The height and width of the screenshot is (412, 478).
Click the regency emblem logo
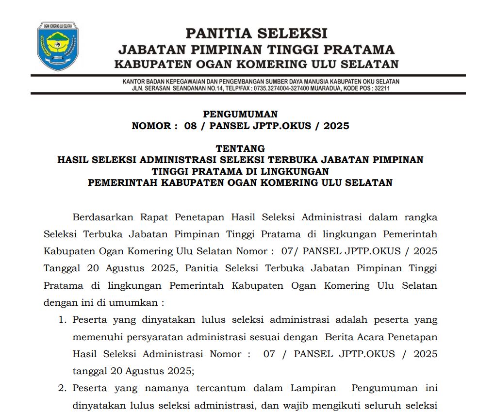click(x=58, y=46)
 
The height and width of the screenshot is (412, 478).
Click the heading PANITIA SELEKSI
click(x=256, y=33)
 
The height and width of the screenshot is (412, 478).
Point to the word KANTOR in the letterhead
click(x=133, y=82)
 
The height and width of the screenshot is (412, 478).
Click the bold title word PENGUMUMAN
click(x=240, y=114)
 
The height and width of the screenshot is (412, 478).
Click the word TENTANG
click(x=240, y=148)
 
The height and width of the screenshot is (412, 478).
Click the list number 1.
click(x=62, y=320)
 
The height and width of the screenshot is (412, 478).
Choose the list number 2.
click(x=62, y=388)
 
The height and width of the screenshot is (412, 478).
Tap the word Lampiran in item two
click(x=313, y=388)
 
